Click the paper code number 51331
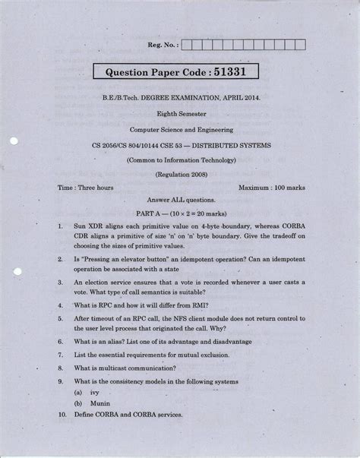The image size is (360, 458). click(235, 74)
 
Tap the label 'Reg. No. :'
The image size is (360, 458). click(161, 46)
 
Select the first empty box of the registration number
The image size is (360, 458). click(187, 46)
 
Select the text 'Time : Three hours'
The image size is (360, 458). click(86, 187)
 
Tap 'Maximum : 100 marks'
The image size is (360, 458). click(271, 187)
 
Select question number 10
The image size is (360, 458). click(60, 417)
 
